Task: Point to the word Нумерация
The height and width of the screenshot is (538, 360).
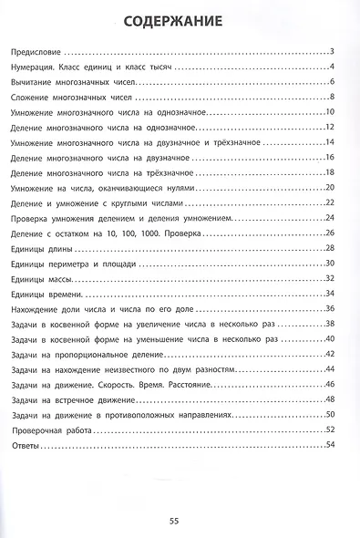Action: tap(36, 68)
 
